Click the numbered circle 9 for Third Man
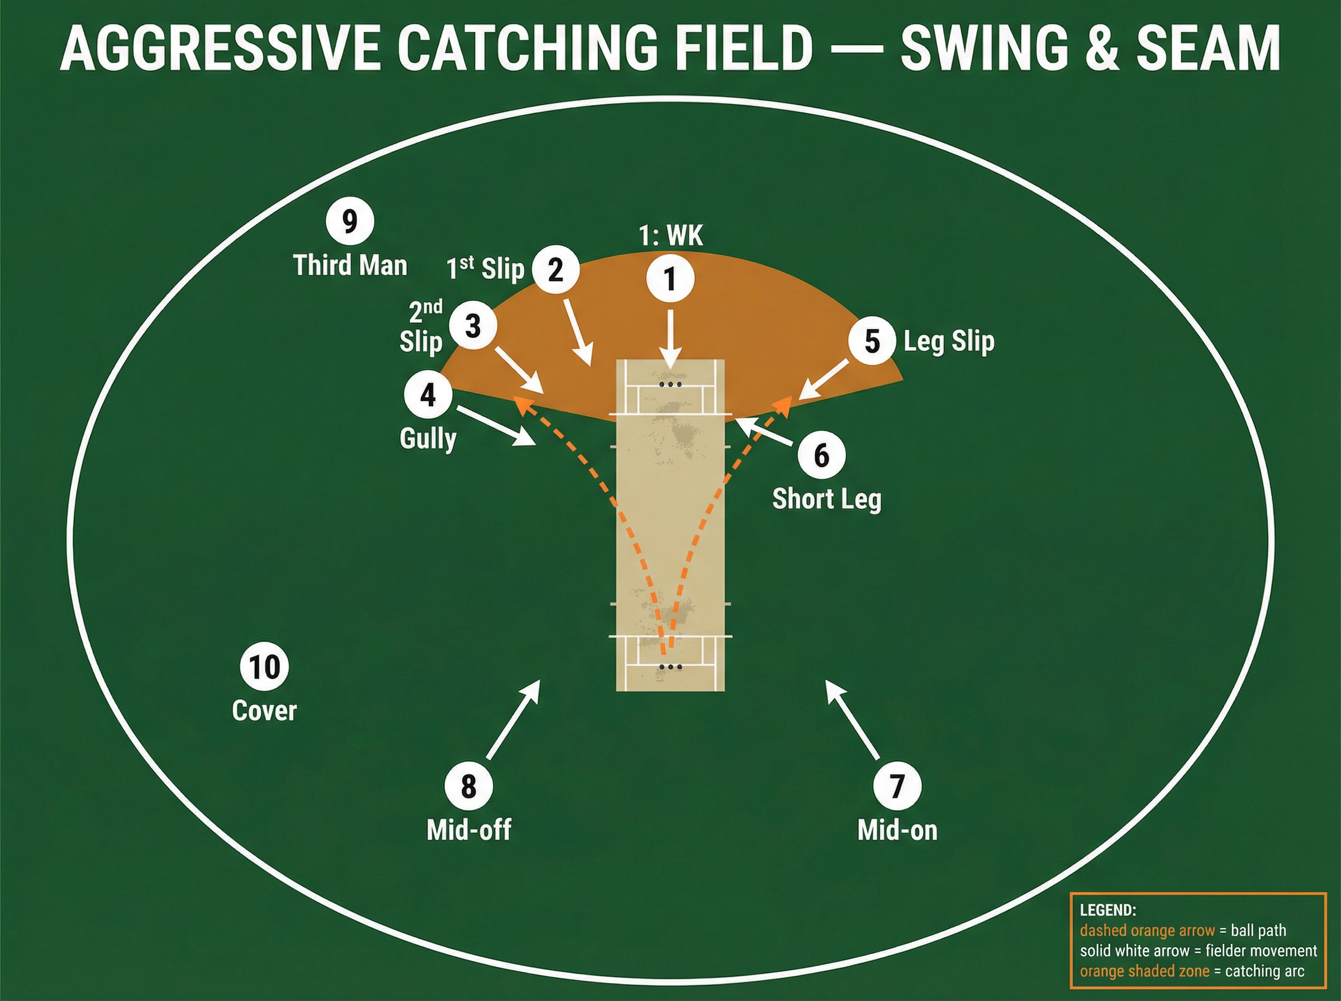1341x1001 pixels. (x=350, y=221)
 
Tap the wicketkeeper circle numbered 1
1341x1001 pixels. (x=670, y=279)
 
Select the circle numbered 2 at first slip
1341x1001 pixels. (x=555, y=269)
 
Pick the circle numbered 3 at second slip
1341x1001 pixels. (x=473, y=326)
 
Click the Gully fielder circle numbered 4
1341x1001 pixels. (x=428, y=395)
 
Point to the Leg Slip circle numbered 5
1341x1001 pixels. (x=872, y=341)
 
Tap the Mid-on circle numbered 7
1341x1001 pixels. (x=897, y=786)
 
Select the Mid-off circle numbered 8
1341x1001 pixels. (x=468, y=786)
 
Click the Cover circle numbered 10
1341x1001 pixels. (x=264, y=666)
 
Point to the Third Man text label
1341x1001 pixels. (x=350, y=265)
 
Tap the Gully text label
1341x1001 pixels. (x=428, y=438)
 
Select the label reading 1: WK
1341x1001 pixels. (x=671, y=235)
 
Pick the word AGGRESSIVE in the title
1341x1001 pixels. (x=220, y=48)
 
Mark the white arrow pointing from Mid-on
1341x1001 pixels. (x=853, y=719)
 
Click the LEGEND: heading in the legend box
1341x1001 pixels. (x=1107, y=909)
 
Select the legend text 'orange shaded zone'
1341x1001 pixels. (x=1145, y=971)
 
